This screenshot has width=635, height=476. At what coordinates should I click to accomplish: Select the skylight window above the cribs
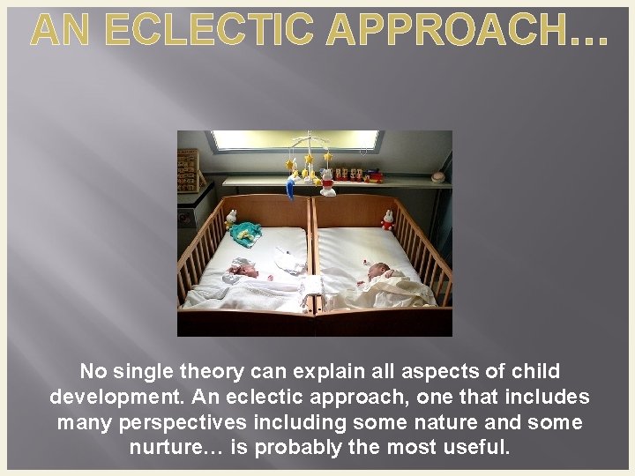tap(294, 140)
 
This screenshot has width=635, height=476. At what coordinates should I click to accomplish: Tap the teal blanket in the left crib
tap(244, 232)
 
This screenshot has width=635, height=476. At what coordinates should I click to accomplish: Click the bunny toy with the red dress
tap(386, 219)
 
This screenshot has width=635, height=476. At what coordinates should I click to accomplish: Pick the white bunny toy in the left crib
tap(231, 218)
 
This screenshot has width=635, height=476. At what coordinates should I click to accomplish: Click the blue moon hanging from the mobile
tap(290, 188)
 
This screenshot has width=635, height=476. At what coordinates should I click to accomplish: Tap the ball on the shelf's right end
tap(437, 176)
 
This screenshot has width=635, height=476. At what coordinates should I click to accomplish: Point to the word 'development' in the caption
tap(110, 398)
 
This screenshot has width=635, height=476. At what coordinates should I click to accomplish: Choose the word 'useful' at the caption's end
tap(476, 447)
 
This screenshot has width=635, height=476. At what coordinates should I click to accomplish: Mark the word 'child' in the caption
tap(532, 372)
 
